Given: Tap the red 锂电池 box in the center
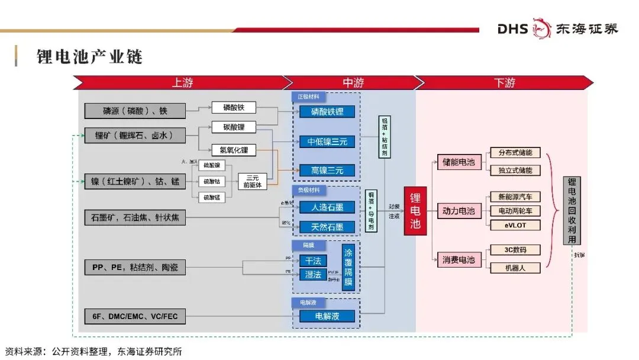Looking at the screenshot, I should pyautogui.click(x=415, y=211).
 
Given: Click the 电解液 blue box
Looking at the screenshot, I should pyautogui.click(x=327, y=316).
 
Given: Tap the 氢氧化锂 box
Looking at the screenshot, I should pyautogui.click(x=234, y=150).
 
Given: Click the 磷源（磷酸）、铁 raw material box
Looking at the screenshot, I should pyautogui.click(x=135, y=111).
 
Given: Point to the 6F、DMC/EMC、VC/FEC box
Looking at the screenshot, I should pyautogui.click(x=135, y=316).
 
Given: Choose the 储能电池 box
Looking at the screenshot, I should pyautogui.click(x=459, y=162).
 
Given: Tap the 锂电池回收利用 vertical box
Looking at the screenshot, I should pyautogui.click(x=572, y=211).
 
